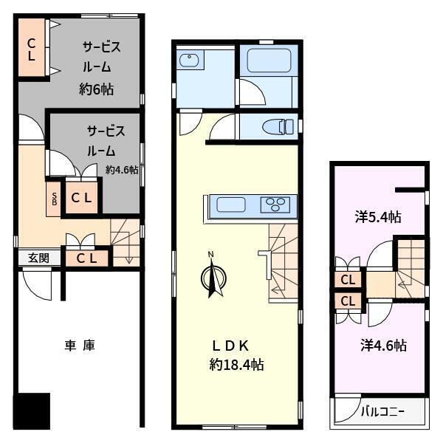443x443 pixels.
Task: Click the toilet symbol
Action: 278,126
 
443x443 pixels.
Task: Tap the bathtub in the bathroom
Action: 269,61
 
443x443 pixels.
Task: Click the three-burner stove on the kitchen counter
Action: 275,205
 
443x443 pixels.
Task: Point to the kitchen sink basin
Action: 231,205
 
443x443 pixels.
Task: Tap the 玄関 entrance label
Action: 38,258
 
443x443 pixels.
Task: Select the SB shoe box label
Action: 54,199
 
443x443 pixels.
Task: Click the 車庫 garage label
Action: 80,346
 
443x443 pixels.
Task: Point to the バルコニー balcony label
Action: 382,412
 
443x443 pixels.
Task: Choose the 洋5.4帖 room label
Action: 378,217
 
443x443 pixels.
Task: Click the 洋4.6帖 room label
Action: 384,346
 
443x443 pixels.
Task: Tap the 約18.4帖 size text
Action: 236,365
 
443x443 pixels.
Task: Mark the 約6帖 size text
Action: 96,89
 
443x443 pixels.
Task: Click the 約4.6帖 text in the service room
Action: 122,170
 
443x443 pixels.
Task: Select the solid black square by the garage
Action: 32,411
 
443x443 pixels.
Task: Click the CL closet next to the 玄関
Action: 86,258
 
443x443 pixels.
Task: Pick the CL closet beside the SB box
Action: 82,198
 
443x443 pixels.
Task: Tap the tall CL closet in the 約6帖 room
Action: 32,47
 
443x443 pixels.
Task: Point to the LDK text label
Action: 230,346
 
